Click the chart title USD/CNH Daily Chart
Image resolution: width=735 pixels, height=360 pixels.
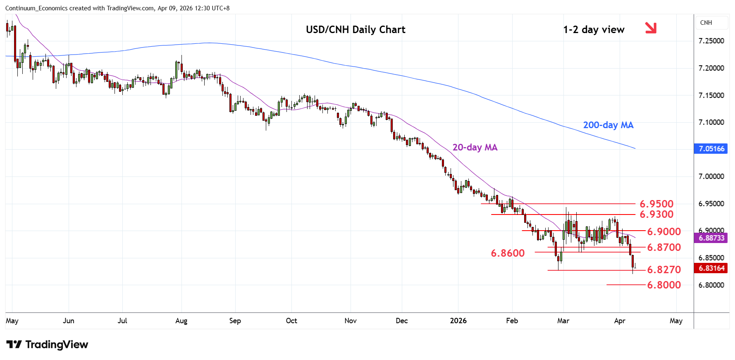tap(356, 30)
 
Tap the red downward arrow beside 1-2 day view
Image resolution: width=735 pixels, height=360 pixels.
tap(651, 28)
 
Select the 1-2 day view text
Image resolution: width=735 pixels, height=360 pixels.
tap(594, 30)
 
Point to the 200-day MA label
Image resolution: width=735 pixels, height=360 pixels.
tap(608, 125)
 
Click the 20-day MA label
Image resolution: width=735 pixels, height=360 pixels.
tap(475, 147)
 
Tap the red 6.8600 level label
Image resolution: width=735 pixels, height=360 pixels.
tap(508, 253)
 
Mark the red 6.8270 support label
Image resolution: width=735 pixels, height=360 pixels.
tap(664, 269)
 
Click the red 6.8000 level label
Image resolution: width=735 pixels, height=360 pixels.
tap(664, 285)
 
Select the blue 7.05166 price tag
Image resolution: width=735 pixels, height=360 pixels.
tap(711, 149)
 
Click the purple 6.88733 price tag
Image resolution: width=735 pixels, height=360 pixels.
tap(711, 238)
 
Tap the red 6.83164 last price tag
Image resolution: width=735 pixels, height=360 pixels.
tap(711, 268)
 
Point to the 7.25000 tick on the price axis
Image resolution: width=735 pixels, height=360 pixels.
tap(711, 41)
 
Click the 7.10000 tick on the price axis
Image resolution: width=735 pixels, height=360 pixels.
tap(711, 122)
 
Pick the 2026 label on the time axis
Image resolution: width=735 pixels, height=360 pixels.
tap(458, 321)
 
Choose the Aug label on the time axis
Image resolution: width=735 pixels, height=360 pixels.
tap(181, 321)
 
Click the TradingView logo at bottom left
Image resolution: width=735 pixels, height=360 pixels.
tap(47, 344)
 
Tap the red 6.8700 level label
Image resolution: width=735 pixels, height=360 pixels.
tap(664, 247)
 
